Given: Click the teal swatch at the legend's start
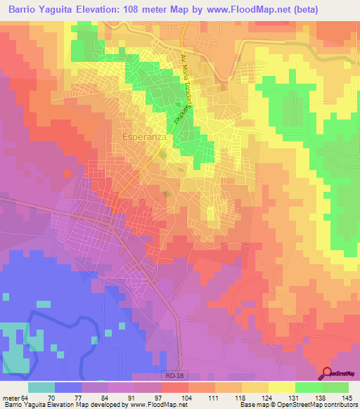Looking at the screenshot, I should coord(41,387).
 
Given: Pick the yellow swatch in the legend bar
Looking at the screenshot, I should coord(281,387).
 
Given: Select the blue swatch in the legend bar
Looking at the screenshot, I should coord(67,387).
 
